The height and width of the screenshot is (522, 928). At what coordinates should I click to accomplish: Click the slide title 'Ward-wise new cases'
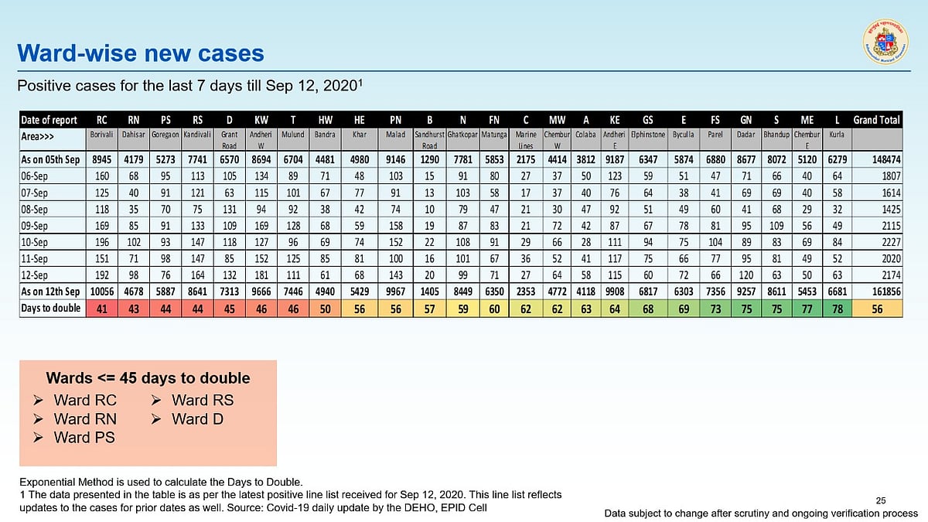tap(141, 53)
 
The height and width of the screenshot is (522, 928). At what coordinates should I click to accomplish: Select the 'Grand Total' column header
tap(877, 120)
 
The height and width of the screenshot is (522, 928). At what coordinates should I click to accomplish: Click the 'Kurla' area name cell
tap(835, 134)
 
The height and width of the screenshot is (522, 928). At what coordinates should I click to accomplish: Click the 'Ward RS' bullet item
tap(202, 400)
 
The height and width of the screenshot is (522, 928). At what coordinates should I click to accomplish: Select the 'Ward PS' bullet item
tap(84, 437)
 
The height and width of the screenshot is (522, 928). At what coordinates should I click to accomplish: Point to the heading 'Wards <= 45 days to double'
tap(148, 378)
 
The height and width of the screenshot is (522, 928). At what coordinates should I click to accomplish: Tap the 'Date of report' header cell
tap(49, 120)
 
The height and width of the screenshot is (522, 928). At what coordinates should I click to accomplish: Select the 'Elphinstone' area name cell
tap(648, 134)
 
